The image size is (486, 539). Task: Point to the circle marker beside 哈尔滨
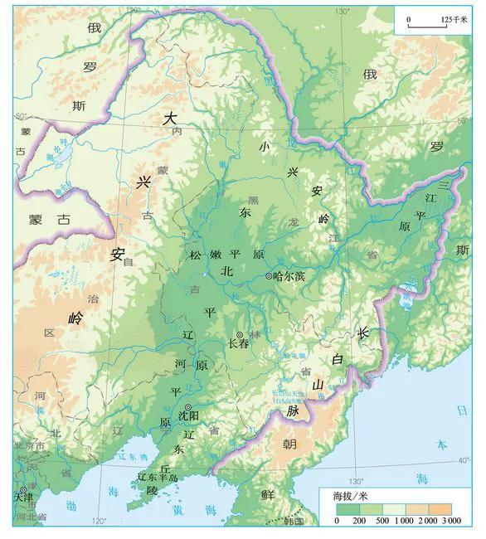tap(269, 275)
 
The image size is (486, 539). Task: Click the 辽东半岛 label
tap(158, 478)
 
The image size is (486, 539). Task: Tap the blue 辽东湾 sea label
tap(129, 458)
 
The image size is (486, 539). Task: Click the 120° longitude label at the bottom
tap(99, 522)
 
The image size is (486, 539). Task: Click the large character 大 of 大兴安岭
tap(170, 119)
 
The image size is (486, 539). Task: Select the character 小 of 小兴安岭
tap(265, 147)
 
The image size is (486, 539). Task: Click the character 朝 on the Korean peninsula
tap(289, 444)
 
